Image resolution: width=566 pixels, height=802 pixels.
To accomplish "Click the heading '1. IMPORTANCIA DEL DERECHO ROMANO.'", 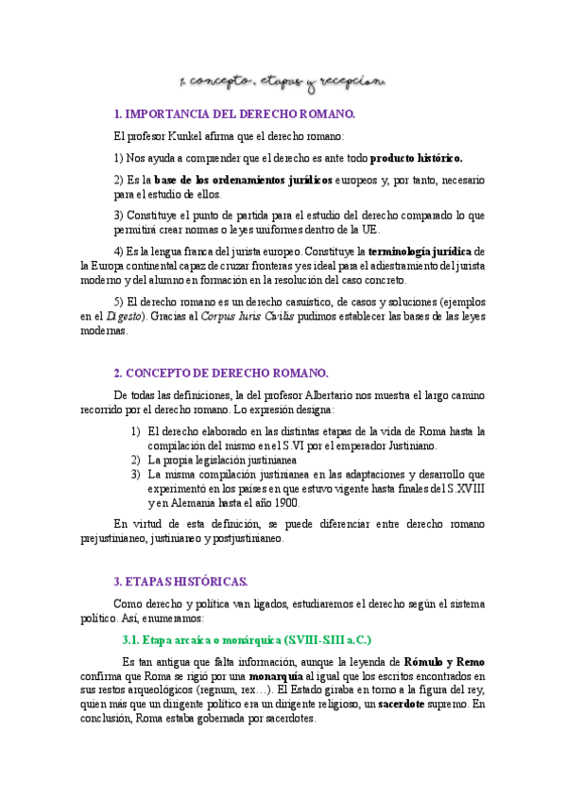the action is point(234,114).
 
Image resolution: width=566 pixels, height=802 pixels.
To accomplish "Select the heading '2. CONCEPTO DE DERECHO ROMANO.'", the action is point(221,373).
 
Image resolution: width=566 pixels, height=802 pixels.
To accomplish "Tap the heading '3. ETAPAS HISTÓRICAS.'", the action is point(180,580).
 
